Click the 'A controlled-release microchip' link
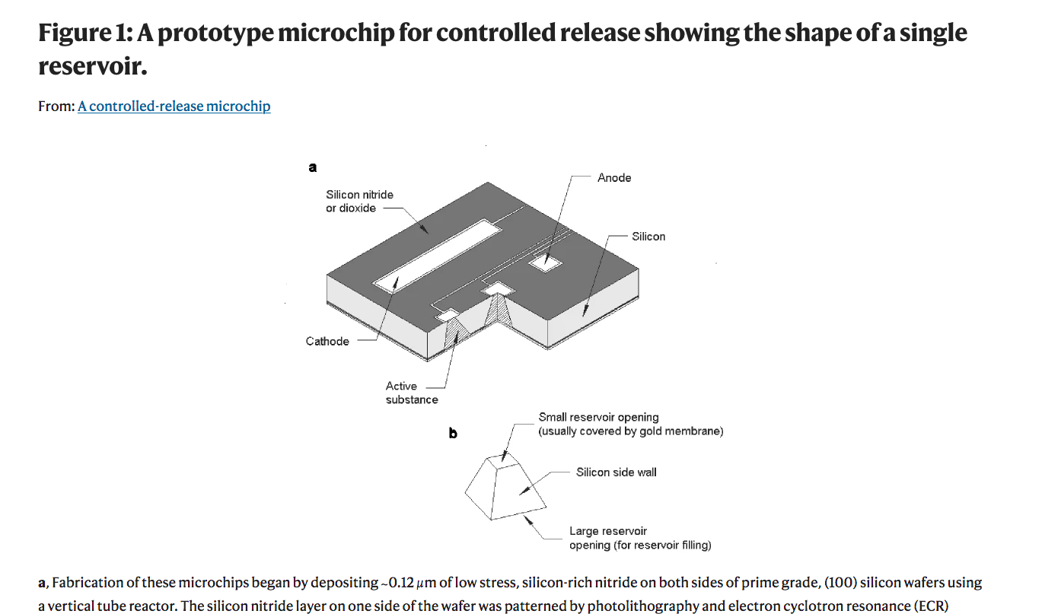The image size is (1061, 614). coord(174,107)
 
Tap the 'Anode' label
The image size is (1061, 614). coord(614,178)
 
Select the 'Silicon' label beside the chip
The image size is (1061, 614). coord(648,237)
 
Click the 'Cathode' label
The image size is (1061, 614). coord(327,342)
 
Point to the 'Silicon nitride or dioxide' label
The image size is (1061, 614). coord(359,202)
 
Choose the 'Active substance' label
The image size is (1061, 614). coord(411,393)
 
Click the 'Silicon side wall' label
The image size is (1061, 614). coord(616,472)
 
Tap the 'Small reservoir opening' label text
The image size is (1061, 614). coord(598,418)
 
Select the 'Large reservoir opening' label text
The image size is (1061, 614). coord(607,531)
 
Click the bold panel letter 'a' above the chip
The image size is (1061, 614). coord(312,167)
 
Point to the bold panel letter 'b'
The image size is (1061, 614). coord(453,434)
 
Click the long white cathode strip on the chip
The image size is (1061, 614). coord(431,254)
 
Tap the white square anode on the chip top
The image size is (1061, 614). coord(546,263)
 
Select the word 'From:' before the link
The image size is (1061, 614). coord(56,107)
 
